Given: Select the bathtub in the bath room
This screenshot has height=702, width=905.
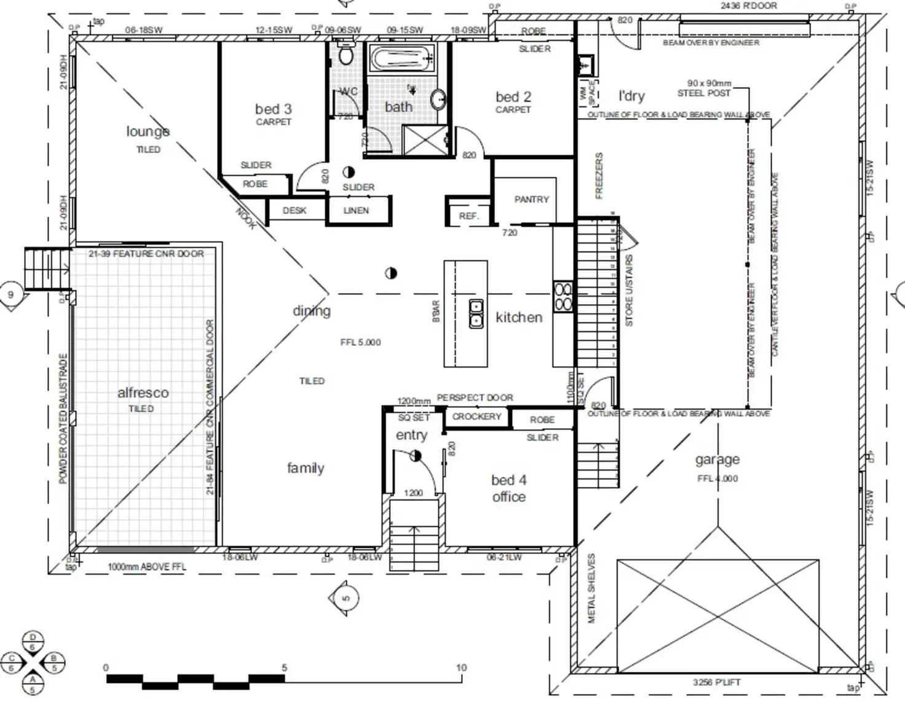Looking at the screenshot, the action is [x=402, y=60].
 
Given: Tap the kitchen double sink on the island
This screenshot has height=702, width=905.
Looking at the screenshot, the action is [x=476, y=313].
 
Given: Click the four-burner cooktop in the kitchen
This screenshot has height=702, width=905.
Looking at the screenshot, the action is [x=563, y=296].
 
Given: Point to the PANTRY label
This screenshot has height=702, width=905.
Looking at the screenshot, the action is [x=531, y=200].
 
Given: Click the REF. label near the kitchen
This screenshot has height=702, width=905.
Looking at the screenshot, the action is [x=468, y=216].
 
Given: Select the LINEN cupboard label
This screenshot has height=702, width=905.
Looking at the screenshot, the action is [x=356, y=211].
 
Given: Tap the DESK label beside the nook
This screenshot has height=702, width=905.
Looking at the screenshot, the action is [x=294, y=211].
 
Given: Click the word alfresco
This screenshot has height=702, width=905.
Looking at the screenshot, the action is [x=143, y=392].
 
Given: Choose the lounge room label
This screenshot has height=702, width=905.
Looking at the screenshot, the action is [x=148, y=131].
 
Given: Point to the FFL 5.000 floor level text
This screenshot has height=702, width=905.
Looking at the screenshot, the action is [x=360, y=342].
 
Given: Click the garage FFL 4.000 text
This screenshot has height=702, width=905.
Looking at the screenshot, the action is [x=717, y=478].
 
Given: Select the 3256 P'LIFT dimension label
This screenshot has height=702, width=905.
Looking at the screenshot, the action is [x=716, y=682].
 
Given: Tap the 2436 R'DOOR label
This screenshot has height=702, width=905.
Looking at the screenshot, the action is [x=748, y=6].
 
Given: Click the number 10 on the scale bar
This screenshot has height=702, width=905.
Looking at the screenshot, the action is [x=461, y=668].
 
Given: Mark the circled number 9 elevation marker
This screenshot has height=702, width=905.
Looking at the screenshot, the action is [x=10, y=295].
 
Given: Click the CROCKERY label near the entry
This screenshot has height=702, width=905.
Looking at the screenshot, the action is [x=476, y=416].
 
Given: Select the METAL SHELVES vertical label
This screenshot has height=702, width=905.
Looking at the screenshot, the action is [x=591, y=588].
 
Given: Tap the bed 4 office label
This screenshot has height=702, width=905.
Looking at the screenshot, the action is [x=508, y=488].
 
